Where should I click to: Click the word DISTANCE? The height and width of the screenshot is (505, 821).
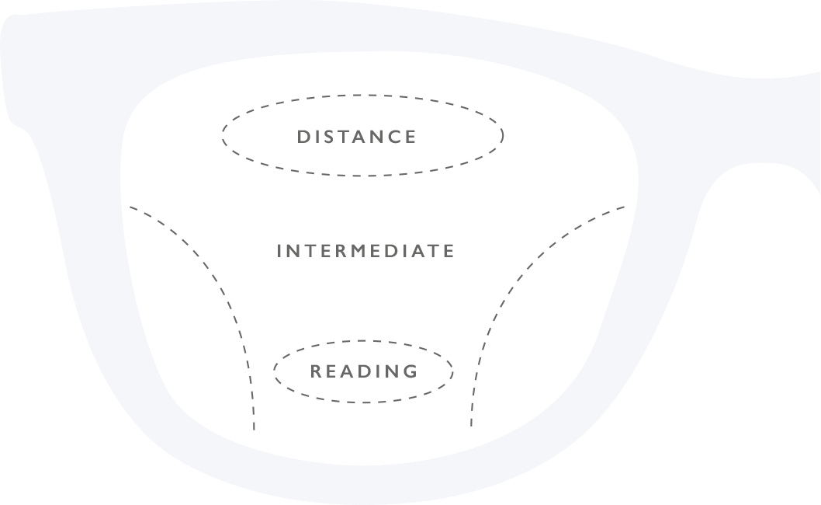tap(357, 137)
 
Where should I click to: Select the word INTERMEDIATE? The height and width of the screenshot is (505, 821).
tap(365, 251)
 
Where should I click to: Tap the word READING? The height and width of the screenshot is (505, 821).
tap(364, 371)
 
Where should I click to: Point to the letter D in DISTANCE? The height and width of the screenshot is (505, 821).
tap(303, 137)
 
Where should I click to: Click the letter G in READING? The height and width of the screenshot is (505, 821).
tap(410, 371)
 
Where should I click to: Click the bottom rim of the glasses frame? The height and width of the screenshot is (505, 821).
tap(362, 485)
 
